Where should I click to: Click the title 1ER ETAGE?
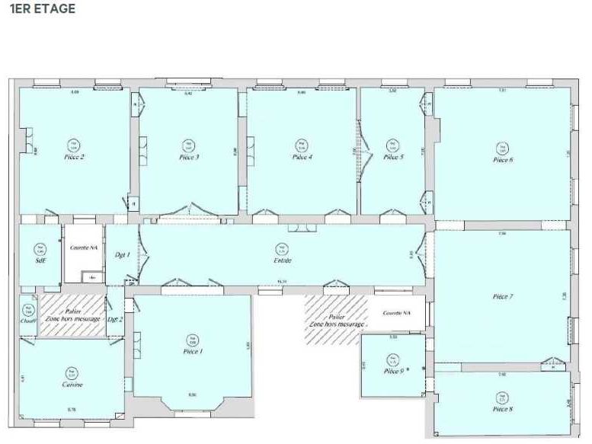(x=43, y=9)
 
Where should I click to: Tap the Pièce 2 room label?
(x=74, y=157)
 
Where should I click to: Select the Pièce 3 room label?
(x=189, y=158)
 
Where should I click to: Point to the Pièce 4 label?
(x=302, y=158)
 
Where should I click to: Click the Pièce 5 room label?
(x=393, y=158)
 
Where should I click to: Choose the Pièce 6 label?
(x=502, y=160)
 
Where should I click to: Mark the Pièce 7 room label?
(x=502, y=296)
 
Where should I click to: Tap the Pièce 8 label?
(x=501, y=410)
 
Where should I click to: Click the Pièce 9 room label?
(x=393, y=371)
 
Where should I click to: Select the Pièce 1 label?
(x=193, y=351)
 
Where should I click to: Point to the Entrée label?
(x=283, y=261)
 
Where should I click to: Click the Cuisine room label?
(x=72, y=385)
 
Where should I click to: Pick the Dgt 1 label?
(x=122, y=255)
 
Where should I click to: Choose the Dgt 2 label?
(x=115, y=319)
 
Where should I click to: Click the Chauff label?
(x=28, y=321)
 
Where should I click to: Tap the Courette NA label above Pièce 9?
(x=395, y=313)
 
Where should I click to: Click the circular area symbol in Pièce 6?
(x=502, y=148)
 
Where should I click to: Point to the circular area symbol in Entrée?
(x=283, y=248)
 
